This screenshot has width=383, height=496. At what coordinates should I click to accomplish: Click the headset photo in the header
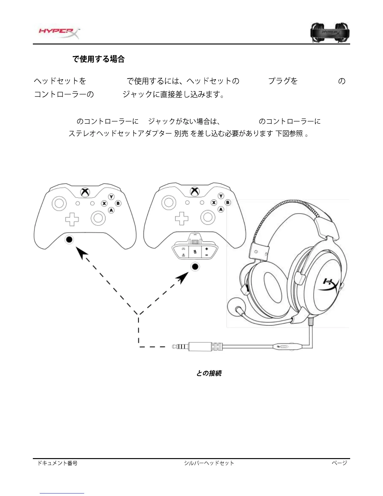[x=330, y=33]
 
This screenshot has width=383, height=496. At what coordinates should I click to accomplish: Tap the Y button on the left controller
[x=111, y=197]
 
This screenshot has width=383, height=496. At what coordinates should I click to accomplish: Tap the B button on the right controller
[x=227, y=203]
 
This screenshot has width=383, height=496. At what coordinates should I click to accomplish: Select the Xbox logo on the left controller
[x=85, y=192]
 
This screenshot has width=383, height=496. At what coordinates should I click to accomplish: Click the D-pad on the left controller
[x=72, y=219]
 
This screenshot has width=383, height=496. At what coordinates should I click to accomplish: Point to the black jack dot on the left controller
[x=69, y=240]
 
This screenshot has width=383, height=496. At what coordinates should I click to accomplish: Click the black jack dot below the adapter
[x=195, y=267]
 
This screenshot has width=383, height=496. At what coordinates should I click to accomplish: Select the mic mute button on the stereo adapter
[x=195, y=251]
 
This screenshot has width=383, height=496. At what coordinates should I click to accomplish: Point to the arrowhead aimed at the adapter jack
[x=183, y=277]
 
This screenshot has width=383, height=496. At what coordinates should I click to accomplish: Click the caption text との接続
[x=209, y=373]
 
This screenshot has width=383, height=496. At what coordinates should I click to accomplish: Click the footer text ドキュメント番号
[x=58, y=463]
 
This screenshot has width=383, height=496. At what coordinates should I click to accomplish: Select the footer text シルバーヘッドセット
[x=209, y=463]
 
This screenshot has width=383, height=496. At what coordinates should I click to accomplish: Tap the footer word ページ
[x=340, y=463]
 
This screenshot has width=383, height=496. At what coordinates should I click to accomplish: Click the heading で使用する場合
[x=99, y=59]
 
